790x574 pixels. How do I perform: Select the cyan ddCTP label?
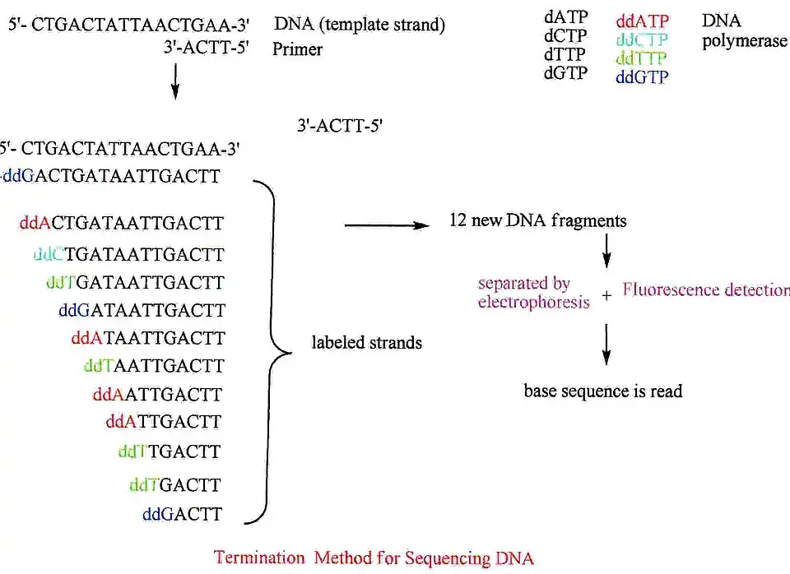(x=643, y=40)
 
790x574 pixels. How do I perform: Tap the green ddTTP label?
(x=643, y=58)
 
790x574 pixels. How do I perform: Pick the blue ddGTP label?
(x=643, y=77)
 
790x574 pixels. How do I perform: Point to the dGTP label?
(x=565, y=72)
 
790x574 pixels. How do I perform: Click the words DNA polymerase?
(x=743, y=30)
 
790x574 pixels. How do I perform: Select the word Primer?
(x=297, y=49)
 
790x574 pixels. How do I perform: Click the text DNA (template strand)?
(x=360, y=25)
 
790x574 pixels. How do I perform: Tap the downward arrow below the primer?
(x=174, y=81)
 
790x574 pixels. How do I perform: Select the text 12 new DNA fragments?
(x=538, y=221)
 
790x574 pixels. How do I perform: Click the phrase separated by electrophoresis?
(x=533, y=293)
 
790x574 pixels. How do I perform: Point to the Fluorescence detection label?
(x=705, y=290)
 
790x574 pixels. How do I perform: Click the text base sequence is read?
(x=603, y=391)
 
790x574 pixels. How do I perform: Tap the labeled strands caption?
(x=366, y=342)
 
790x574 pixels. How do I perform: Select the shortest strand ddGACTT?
(x=182, y=515)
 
